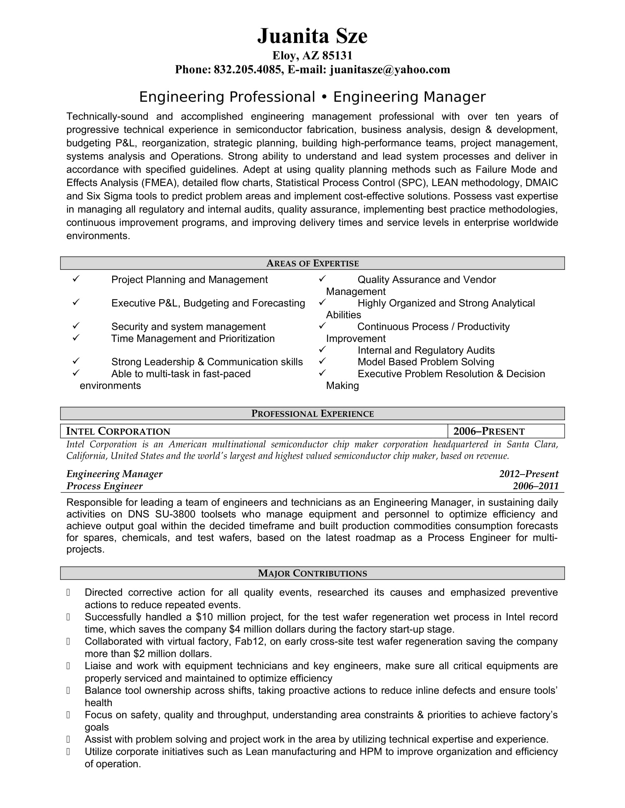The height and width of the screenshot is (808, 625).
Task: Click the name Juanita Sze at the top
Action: click(x=312, y=36)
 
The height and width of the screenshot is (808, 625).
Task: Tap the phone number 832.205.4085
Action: click(x=247, y=69)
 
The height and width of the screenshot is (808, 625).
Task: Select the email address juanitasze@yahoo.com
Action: click(x=390, y=69)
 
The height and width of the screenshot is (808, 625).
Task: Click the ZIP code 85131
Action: click(x=337, y=55)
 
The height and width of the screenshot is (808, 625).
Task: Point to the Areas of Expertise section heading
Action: click(x=312, y=263)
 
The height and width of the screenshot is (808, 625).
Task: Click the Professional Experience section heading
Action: click(x=312, y=414)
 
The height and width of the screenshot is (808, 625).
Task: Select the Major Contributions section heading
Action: click(x=312, y=573)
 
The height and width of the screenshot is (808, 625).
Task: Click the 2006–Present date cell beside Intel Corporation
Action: click(x=489, y=432)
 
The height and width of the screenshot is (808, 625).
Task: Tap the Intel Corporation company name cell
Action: click(x=118, y=432)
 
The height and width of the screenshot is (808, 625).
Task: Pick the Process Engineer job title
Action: click(x=104, y=486)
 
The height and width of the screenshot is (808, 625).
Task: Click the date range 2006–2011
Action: click(x=535, y=486)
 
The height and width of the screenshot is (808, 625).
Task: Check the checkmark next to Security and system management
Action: click(x=76, y=325)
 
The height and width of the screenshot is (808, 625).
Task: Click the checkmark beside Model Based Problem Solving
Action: click(x=322, y=361)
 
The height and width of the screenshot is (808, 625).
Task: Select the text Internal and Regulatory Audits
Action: click(x=426, y=350)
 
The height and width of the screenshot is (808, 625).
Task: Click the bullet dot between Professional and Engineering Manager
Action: click(x=324, y=97)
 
